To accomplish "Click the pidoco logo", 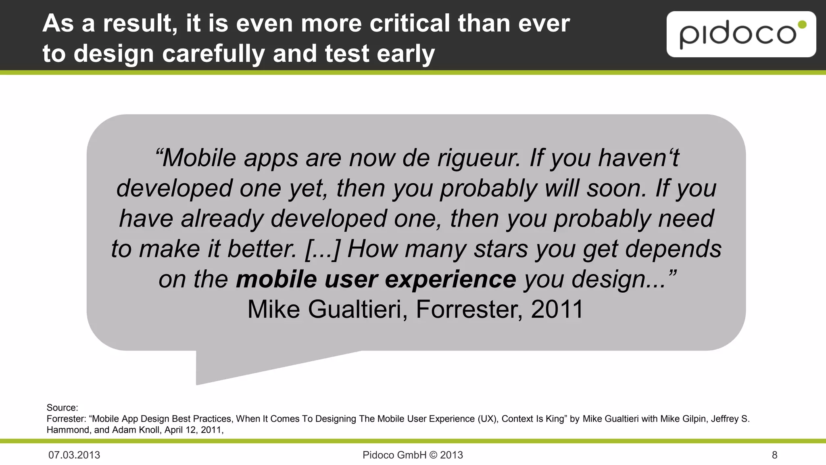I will (x=741, y=34).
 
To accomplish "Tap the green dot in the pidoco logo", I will (x=802, y=25).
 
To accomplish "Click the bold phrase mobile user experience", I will (x=376, y=279).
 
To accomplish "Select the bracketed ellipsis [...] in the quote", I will (x=323, y=249).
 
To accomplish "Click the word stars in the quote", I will (x=501, y=249).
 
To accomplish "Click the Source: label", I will (x=62, y=408).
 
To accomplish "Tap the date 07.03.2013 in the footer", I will (x=74, y=455).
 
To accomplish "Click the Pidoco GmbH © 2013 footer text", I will (x=413, y=455).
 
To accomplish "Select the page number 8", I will (x=774, y=455).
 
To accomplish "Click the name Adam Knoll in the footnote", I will (x=137, y=430).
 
